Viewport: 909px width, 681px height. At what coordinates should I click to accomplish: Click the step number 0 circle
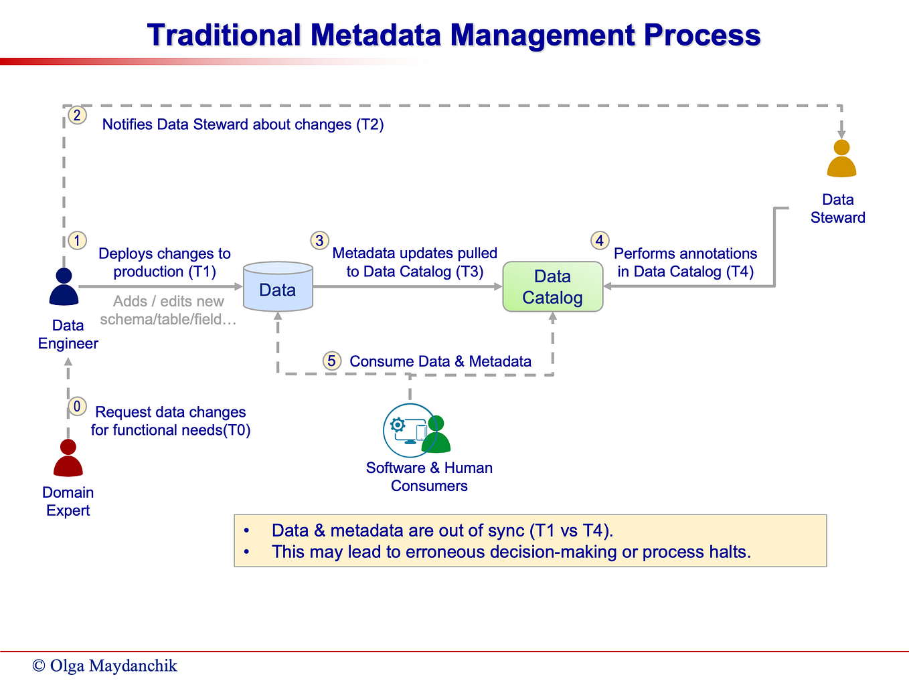tap(77, 406)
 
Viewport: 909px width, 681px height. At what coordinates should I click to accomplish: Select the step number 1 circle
tap(78, 241)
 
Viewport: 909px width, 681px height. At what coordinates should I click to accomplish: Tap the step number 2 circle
tap(78, 116)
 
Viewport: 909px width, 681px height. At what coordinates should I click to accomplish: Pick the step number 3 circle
tap(319, 241)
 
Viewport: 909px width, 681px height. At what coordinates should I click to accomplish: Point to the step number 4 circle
tap(599, 241)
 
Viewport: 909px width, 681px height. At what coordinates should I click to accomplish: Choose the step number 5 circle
tap(331, 361)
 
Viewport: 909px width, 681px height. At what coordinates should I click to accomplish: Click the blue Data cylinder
tap(278, 288)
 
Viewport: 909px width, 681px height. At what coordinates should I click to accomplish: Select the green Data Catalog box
tap(552, 287)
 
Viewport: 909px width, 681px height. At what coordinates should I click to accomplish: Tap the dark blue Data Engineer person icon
tap(64, 287)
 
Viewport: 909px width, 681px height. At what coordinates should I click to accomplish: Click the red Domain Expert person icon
tap(68, 458)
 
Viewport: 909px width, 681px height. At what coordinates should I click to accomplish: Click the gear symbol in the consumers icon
tap(398, 425)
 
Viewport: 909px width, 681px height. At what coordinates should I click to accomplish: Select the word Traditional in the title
tap(224, 35)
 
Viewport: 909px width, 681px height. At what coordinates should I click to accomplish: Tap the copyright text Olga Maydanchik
tap(105, 666)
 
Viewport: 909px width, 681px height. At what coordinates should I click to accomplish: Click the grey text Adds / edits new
tap(168, 302)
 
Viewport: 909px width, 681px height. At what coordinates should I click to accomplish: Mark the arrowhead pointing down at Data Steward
tap(841, 134)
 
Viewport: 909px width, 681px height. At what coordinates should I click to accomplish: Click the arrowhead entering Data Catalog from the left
tap(498, 286)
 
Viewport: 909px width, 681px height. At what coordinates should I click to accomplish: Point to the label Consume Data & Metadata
tap(440, 362)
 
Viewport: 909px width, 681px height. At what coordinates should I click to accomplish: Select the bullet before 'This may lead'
tap(247, 552)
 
